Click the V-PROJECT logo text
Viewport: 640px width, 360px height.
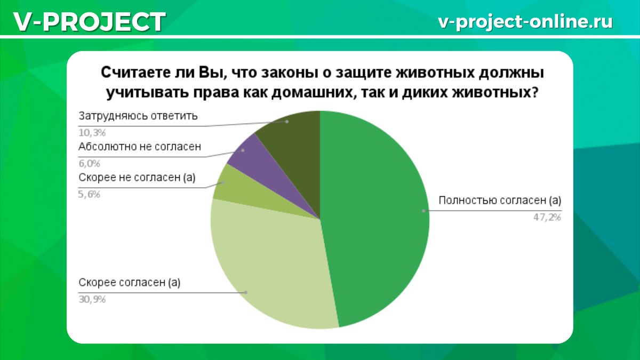click(x=90, y=22)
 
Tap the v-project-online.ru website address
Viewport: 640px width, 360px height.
click(x=525, y=22)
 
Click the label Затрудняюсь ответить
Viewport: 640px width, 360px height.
click(x=138, y=116)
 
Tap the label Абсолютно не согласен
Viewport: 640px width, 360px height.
click(x=140, y=147)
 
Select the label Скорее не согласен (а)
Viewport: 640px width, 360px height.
click(x=137, y=178)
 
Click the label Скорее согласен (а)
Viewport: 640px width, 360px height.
click(x=130, y=283)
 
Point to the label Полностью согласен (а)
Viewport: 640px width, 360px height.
click(x=500, y=201)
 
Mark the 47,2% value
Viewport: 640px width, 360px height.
click(x=547, y=218)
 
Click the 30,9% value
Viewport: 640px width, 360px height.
click(x=92, y=299)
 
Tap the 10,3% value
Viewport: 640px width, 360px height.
click(x=92, y=133)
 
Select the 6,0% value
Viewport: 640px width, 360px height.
click(x=89, y=164)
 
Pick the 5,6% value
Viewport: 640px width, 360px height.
click(x=89, y=195)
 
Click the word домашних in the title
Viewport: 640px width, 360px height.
click(x=312, y=93)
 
